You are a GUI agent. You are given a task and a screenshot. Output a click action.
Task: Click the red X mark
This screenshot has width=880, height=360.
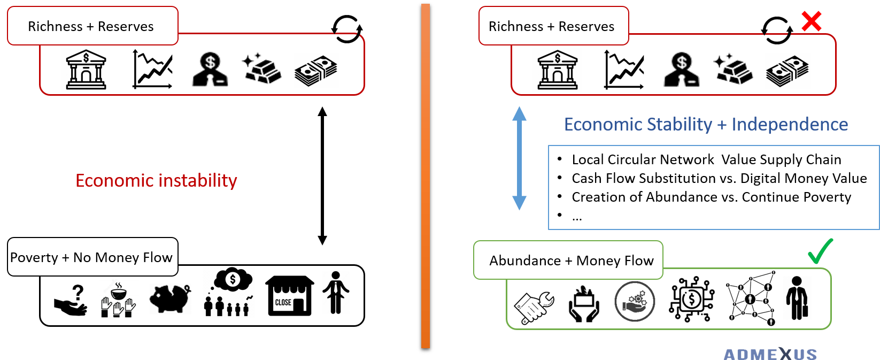[811, 21]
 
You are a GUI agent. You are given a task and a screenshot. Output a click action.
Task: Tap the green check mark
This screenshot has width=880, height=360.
[820, 251]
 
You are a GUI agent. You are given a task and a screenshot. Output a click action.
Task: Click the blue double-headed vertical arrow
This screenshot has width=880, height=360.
[519, 158]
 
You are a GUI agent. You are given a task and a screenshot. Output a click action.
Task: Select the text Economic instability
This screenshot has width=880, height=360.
[156, 181]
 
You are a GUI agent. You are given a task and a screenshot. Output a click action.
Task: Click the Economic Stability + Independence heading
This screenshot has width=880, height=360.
[706, 125]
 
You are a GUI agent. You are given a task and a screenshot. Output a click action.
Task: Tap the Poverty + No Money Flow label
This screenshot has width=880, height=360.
[91, 257]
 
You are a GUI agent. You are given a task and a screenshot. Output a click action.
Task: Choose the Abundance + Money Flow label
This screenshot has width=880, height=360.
[571, 261]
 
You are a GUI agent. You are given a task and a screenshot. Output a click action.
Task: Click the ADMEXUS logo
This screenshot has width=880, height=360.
[770, 354]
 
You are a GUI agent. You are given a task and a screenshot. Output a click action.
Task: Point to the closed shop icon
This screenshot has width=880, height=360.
[289, 295]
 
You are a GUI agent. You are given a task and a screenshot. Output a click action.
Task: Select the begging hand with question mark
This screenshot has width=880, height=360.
[71, 301]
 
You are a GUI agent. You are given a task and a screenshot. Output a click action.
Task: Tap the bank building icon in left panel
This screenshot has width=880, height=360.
[86, 70]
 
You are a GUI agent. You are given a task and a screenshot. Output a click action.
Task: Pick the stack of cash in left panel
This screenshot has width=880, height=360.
[316, 71]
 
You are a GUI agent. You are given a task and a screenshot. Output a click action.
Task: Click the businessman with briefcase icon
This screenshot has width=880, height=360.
[797, 298]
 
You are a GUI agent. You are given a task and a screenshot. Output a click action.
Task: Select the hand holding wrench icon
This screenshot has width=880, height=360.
[534, 307]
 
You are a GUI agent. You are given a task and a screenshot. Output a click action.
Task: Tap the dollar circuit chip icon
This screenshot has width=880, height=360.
[691, 299]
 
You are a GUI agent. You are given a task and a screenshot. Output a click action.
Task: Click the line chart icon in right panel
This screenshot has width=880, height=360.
[624, 70]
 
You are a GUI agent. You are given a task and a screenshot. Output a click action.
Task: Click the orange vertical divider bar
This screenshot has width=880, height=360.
[426, 177]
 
